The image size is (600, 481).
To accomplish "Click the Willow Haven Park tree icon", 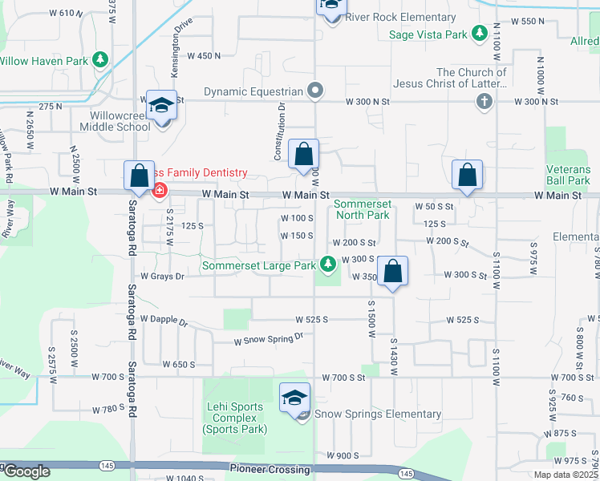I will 100,59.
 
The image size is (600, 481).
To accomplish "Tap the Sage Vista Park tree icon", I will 479,34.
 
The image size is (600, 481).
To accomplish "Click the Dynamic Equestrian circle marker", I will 315,91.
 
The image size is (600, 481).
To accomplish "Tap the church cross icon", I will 484,101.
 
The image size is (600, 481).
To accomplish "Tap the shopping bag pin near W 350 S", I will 393,272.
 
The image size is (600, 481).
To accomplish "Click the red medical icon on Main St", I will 160,191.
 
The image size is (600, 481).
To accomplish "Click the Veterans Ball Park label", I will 568,175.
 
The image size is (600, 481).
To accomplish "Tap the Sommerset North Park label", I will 362,209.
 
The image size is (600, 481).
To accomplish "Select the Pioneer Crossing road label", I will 264,467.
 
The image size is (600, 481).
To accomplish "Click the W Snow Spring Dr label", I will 269,339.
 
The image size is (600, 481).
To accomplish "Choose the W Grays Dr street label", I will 162,277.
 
